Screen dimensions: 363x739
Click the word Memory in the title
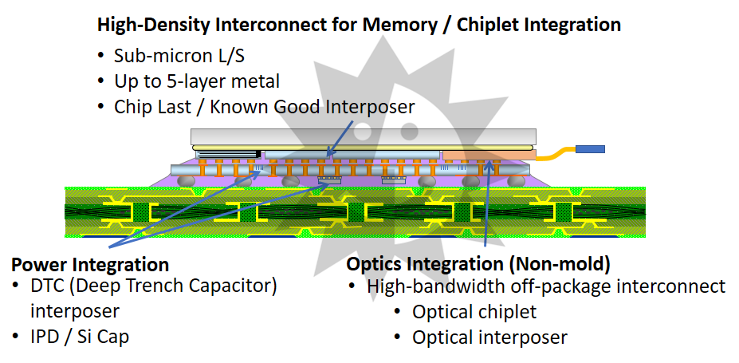(396, 24)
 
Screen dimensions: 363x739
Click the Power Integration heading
(90, 265)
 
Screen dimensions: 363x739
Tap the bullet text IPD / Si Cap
(80, 337)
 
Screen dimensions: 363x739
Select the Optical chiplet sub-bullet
(474, 312)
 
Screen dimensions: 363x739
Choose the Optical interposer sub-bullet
(489, 337)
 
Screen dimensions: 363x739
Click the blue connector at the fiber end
(590, 149)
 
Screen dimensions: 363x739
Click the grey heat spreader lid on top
(363, 135)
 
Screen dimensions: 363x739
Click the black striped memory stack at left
(226, 153)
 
